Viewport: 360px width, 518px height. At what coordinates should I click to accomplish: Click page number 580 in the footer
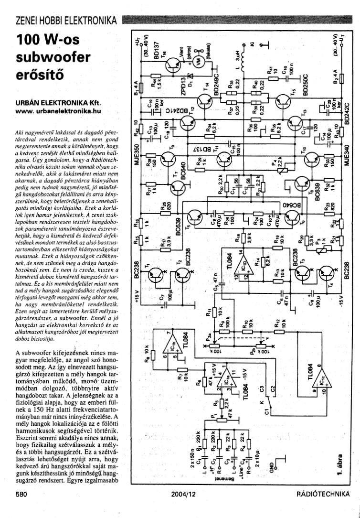point(21,495)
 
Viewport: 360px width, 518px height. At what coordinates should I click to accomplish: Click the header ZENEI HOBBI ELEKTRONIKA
point(66,21)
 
